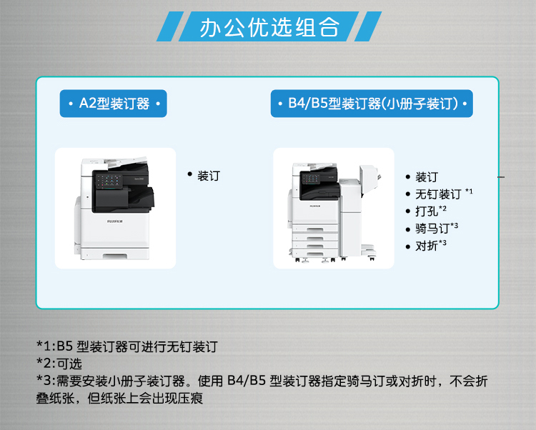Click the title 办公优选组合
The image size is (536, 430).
pyautogui.click(x=269, y=27)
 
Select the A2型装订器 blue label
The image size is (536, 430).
pyautogui.click(x=114, y=104)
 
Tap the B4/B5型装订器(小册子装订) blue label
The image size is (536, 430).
pyautogui.click(x=372, y=104)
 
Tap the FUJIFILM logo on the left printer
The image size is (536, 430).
pyautogui.click(x=115, y=221)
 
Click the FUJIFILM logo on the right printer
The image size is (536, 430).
pyautogui.click(x=315, y=206)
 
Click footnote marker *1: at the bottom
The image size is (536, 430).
pyautogui.click(x=46, y=346)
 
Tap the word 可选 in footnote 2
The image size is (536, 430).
pyautogui.click(x=69, y=364)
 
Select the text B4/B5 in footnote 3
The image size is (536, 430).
pyautogui.click(x=247, y=381)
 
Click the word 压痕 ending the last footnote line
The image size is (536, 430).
pyautogui.click(x=190, y=398)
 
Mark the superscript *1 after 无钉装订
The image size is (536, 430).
pyautogui.click(x=469, y=191)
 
